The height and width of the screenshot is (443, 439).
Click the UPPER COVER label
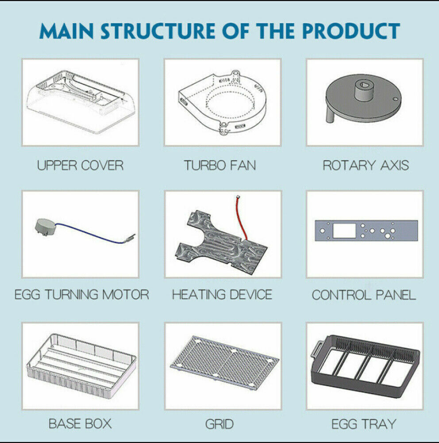coord(80,166)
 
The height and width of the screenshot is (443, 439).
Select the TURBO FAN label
coord(220,166)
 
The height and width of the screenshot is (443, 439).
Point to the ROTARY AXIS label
coord(366,166)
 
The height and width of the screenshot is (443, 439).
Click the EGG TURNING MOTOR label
coord(82,295)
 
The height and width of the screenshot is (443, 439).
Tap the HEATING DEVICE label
coord(222,295)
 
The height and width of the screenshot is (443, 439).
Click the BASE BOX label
coord(80,424)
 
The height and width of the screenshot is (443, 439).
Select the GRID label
coord(219,424)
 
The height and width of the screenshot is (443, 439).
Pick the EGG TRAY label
coord(364,424)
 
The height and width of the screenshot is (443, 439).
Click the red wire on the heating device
coord(242,217)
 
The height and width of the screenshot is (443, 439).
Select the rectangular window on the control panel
coord(344,231)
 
